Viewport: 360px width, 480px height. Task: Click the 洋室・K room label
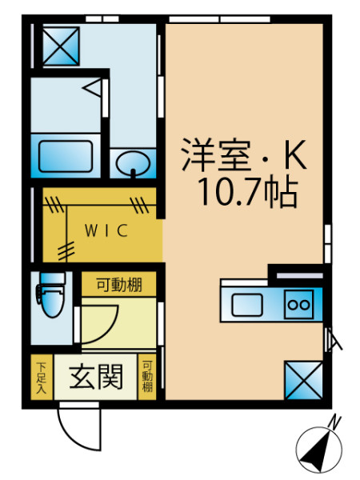point(244,155)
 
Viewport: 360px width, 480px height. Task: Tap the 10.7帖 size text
point(248,192)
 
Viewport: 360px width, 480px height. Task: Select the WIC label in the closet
point(106,230)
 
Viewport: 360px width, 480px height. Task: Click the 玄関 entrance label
point(96,377)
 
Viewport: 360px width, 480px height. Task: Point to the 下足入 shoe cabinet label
point(42,378)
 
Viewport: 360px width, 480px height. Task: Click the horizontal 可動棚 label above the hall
point(119,285)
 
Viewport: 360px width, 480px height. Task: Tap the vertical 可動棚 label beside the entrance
point(147,377)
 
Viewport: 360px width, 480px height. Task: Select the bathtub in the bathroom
point(66,155)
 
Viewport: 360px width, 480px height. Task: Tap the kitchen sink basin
point(246,305)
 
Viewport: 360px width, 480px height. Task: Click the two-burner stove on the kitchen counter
point(298,305)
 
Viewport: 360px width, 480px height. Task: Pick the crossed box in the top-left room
point(61,46)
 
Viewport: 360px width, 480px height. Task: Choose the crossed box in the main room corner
point(304,380)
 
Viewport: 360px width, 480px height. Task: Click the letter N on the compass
point(334,423)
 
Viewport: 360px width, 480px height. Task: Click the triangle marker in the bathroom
point(93,88)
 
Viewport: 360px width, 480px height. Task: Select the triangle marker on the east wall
point(333,339)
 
